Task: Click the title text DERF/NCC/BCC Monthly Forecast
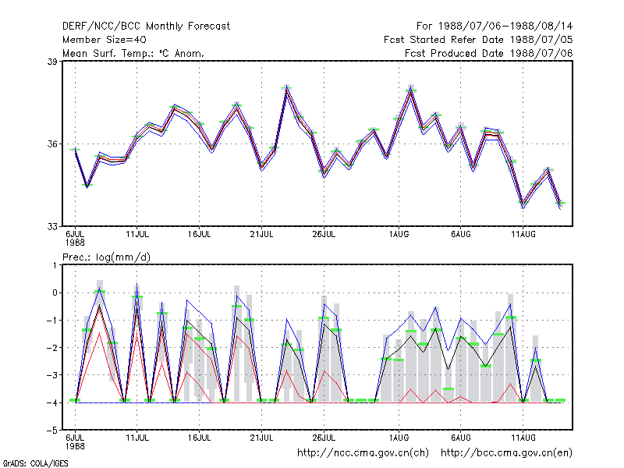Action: [146, 27]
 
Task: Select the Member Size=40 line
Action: [105, 40]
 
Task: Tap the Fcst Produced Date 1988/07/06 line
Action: [489, 53]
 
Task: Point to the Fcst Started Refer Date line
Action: [478, 40]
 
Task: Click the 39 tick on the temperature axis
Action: [52, 62]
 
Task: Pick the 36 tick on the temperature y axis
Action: [52, 144]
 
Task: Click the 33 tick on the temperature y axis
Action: [52, 226]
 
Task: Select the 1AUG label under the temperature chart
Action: [399, 234]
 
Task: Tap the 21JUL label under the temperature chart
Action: [261, 234]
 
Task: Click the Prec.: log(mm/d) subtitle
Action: [106, 257]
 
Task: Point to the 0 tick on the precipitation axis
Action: [55, 293]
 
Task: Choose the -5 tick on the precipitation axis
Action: [52, 431]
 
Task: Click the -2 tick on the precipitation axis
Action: [52, 348]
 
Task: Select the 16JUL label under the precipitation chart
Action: [200, 438]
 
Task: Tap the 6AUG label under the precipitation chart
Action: [461, 438]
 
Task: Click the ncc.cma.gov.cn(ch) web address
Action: [363, 453]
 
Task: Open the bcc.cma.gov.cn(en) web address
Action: [506, 453]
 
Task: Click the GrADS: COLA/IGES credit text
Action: [36, 463]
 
